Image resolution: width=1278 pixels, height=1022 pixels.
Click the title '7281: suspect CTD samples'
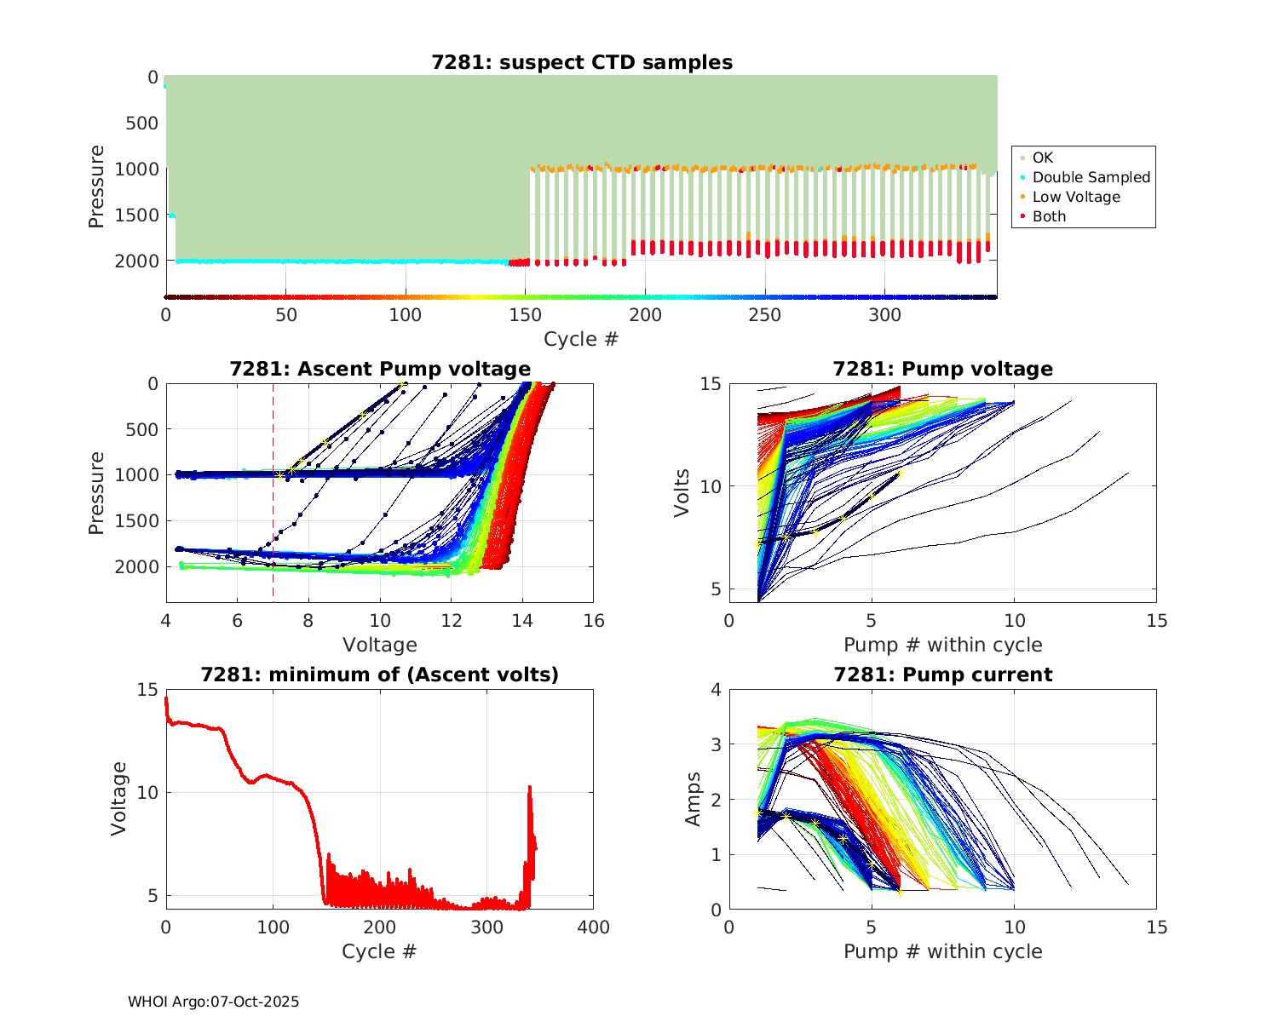tap(582, 62)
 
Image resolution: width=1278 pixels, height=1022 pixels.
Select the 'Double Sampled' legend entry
tap(1091, 177)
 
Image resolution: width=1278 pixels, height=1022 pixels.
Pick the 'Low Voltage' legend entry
tap(1076, 197)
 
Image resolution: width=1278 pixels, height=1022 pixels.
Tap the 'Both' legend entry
tap(1049, 216)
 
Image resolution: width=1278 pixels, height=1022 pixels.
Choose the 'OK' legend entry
tap(1042, 158)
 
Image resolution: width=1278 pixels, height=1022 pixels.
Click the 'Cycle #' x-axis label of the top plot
tap(581, 339)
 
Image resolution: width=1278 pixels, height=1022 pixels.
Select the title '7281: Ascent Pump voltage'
tap(380, 369)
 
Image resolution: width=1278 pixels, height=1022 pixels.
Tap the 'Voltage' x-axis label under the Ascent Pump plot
tap(380, 645)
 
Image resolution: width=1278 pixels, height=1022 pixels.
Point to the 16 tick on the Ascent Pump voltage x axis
tap(594, 621)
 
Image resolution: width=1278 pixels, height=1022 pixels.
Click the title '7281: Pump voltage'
tap(942, 369)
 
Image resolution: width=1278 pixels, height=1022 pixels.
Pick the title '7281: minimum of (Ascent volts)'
tap(380, 675)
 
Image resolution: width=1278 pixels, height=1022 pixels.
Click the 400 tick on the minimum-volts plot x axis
tap(594, 927)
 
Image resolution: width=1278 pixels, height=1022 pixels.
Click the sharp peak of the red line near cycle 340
tap(530, 787)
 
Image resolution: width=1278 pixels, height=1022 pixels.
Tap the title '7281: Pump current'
tap(942, 675)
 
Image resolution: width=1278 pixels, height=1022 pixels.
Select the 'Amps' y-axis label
tap(694, 799)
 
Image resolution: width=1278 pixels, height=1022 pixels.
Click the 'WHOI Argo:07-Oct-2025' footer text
tap(213, 1002)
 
